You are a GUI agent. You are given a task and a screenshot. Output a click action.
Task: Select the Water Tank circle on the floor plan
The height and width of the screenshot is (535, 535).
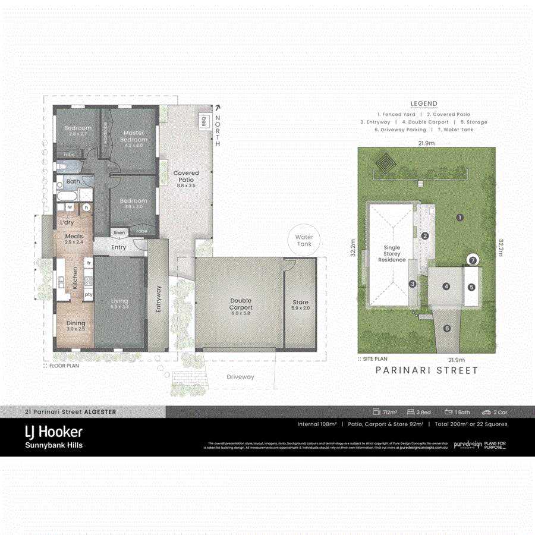coord(304,240)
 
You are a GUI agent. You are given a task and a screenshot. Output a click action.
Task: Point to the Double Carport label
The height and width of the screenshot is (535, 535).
coord(241,304)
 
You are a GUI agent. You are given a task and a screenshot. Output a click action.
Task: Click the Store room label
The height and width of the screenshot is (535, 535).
coord(300,303)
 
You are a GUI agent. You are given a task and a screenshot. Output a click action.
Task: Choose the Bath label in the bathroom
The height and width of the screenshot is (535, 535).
coord(73,181)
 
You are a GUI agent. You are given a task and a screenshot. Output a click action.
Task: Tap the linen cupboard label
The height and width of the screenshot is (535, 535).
coord(119,232)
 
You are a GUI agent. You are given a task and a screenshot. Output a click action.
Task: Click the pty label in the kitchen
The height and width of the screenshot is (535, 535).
coord(89,294)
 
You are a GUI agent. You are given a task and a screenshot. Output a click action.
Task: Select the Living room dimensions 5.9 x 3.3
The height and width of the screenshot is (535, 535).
coord(119,307)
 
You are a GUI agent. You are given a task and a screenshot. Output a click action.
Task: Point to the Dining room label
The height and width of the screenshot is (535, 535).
coord(75,324)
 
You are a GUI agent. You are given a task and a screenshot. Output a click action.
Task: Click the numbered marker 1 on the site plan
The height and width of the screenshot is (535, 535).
coord(460,218)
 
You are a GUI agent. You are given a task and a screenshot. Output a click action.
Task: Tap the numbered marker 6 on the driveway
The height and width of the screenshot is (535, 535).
coord(447,328)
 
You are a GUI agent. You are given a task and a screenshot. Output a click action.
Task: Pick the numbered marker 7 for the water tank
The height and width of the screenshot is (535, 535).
coord(473,260)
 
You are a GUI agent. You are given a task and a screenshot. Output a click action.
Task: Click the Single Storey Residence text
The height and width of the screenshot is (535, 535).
coord(392,254)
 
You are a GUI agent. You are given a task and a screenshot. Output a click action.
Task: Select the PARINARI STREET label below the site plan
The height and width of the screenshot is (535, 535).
coord(427,370)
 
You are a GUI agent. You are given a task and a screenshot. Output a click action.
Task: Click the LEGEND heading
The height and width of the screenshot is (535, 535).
coord(424,103)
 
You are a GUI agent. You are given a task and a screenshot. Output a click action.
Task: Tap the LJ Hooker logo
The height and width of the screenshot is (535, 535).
coord(53,432)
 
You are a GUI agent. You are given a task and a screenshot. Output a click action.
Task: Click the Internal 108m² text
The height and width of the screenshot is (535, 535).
coord(317,424)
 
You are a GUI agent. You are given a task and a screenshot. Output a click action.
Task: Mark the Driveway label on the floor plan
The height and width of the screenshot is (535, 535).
coord(240,377)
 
